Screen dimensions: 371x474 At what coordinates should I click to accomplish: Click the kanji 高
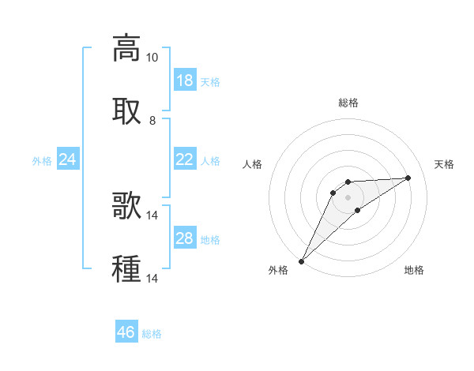(x=126, y=48)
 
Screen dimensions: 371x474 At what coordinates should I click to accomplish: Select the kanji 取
(x=126, y=111)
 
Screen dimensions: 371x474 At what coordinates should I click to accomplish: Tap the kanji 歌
(x=126, y=204)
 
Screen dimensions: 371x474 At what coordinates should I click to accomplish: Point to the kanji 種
(x=126, y=268)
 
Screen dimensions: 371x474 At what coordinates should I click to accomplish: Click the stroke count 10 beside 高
(x=152, y=58)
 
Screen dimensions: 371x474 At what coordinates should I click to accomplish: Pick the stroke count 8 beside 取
(x=152, y=120)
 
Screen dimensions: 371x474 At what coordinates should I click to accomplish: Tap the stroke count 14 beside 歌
(x=152, y=214)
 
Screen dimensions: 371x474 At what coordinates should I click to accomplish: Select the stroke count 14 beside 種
(x=152, y=277)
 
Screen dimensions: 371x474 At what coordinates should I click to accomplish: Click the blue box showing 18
(x=185, y=81)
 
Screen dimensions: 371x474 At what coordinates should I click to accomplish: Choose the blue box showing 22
(x=185, y=159)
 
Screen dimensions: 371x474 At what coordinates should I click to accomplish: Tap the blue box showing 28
(x=185, y=238)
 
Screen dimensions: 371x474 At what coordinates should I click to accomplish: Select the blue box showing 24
(x=68, y=159)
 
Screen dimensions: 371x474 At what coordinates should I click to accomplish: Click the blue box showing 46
(x=126, y=332)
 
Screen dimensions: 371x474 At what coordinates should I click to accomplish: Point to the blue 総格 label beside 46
(x=152, y=334)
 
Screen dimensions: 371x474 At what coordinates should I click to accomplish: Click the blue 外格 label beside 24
(x=42, y=161)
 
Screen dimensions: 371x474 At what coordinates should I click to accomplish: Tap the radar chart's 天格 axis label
(x=444, y=164)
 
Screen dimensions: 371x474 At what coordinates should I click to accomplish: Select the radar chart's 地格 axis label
(x=414, y=270)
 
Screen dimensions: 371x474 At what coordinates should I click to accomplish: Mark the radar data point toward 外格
(x=301, y=260)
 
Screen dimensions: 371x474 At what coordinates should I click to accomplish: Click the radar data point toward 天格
(x=408, y=178)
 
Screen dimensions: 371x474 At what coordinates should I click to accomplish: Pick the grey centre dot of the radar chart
(x=348, y=197)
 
